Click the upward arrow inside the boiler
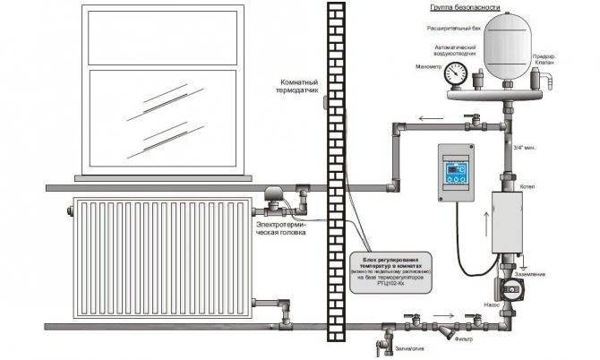point(513,219)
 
